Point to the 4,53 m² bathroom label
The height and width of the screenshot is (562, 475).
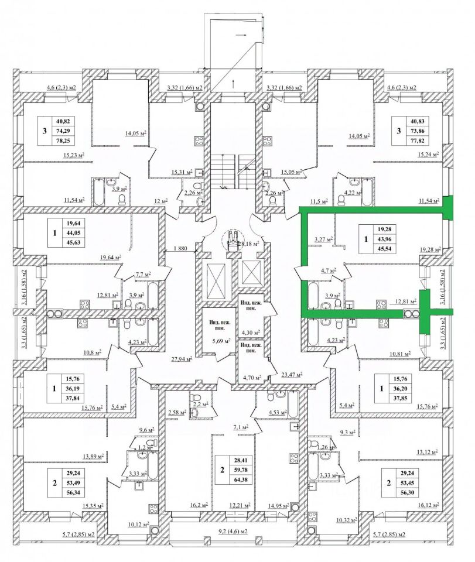[x=277, y=413]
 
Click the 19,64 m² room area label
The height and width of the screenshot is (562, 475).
[x=110, y=256]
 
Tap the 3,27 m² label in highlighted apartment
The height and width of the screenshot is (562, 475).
[x=323, y=239]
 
